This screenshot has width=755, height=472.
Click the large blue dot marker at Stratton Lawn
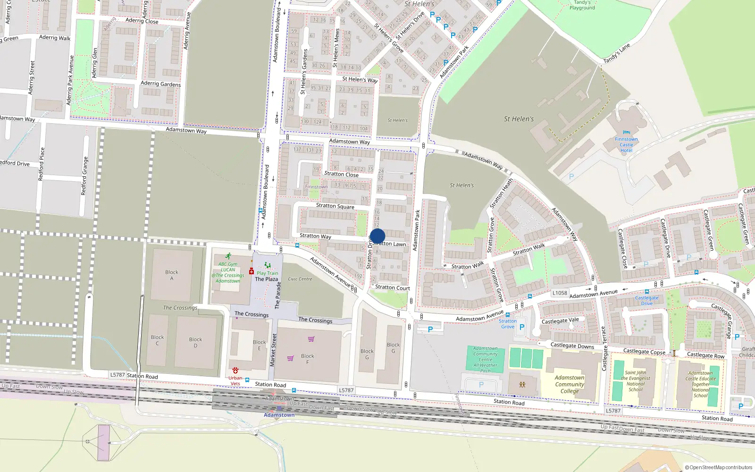(x=377, y=236)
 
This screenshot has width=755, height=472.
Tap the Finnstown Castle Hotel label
(x=626, y=144)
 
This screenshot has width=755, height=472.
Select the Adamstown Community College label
(x=570, y=384)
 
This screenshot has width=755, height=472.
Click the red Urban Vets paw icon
(x=235, y=371)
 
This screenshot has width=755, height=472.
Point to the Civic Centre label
(x=300, y=279)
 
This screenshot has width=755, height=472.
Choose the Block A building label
(x=172, y=275)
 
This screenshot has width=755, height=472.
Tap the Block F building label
(x=308, y=359)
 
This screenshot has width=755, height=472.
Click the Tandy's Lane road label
(x=617, y=53)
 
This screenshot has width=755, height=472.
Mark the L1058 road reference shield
(x=560, y=293)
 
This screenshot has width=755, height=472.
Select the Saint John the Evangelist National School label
(x=636, y=381)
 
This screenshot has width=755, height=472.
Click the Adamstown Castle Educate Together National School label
(x=701, y=384)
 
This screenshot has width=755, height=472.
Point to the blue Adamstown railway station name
(x=279, y=415)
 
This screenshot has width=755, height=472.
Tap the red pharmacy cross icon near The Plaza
(x=252, y=271)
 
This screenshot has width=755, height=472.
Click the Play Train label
(x=268, y=273)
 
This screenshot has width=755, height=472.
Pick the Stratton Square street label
(x=335, y=206)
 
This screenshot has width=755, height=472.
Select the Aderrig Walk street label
(x=55, y=38)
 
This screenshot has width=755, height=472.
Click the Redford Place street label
(x=42, y=164)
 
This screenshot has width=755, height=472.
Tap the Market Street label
(x=273, y=350)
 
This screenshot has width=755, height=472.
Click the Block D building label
(x=195, y=342)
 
